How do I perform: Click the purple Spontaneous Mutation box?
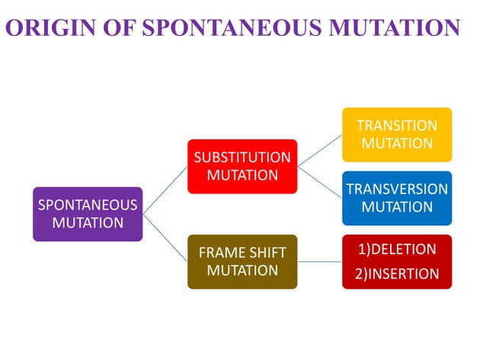[x=88, y=214]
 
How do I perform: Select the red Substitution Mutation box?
[x=242, y=166]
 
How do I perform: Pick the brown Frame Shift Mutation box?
[x=242, y=261]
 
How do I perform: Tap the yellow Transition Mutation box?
[x=397, y=134]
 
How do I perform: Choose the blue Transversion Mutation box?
[x=397, y=198]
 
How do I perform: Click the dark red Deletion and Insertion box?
[x=397, y=261]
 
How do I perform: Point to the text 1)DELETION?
[x=397, y=250]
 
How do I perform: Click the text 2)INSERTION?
[x=397, y=274]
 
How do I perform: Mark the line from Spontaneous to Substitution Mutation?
[x=165, y=190]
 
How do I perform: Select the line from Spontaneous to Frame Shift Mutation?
[x=165, y=238]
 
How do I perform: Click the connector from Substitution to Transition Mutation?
[x=320, y=150]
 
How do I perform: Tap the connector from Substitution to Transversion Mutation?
[x=320, y=182]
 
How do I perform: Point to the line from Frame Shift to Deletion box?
[x=320, y=261]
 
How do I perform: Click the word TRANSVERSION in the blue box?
[x=397, y=189]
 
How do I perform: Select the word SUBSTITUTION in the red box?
[x=242, y=158]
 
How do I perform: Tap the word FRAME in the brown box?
[x=220, y=253]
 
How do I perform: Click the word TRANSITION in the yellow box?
[x=397, y=126]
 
